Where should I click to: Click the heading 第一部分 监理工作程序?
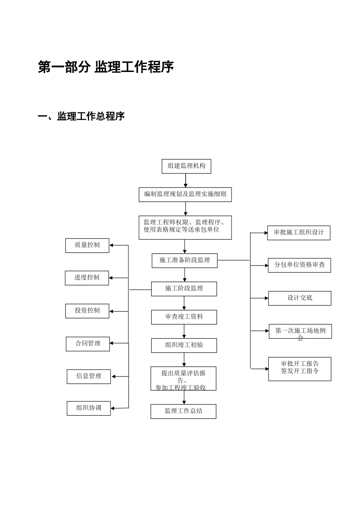pos(106,67)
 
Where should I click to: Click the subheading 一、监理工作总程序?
pos(81,116)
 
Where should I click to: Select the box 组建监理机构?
pos(186,166)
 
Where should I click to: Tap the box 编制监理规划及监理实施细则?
pos(185,194)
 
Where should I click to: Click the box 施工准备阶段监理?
pos(185,261)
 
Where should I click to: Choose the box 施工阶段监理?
pos(184,289)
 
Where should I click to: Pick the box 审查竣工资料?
pos(184,317)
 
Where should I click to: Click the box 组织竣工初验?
pos(184,345)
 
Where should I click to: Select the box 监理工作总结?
pos(183,411)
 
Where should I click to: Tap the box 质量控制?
pos(87,245)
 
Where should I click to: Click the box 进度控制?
pos(87,278)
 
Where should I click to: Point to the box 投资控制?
pos(87,311)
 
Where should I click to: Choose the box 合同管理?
pos(88,344)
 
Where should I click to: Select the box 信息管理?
pos(89,376)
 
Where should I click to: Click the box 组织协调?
pos(89,408)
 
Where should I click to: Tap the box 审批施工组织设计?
pos(299,233)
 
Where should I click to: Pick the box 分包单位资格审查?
pos(299,265)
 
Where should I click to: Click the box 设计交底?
pos(299,298)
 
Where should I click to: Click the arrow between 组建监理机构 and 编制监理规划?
pos(186,180)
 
